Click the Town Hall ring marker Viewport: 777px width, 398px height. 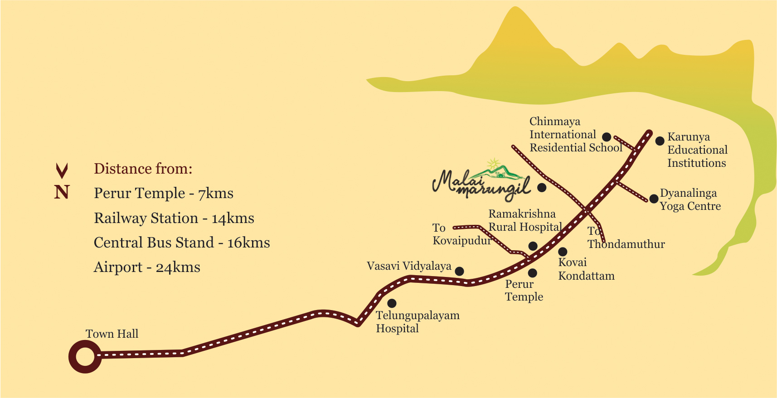(x=85, y=357)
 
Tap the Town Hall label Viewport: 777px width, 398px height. (x=112, y=334)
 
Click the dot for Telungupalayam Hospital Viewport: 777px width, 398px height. (x=392, y=303)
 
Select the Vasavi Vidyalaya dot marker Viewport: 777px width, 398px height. (x=459, y=271)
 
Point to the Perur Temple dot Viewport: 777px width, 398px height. (x=533, y=273)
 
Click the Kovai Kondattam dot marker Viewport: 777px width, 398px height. (x=563, y=252)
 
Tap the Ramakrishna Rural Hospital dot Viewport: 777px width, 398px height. (x=533, y=246)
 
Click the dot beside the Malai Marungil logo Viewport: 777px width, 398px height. (x=542, y=187)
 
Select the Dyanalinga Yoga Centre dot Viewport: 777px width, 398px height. (x=654, y=199)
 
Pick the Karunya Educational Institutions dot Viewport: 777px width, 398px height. (x=660, y=141)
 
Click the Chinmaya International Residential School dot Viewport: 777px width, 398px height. (x=607, y=137)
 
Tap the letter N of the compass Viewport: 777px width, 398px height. (x=62, y=192)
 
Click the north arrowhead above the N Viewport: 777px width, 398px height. (x=62, y=170)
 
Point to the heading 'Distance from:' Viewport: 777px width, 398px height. (x=143, y=169)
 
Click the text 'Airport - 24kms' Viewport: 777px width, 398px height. (x=147, y=267)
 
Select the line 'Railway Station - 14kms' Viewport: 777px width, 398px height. (x=174, y=218)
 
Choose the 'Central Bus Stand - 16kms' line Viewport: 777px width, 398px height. (x=182, y=243)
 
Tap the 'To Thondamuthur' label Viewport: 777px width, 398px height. (x=626, y=238)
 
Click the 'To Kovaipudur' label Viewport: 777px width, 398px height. (x=461, y=234)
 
